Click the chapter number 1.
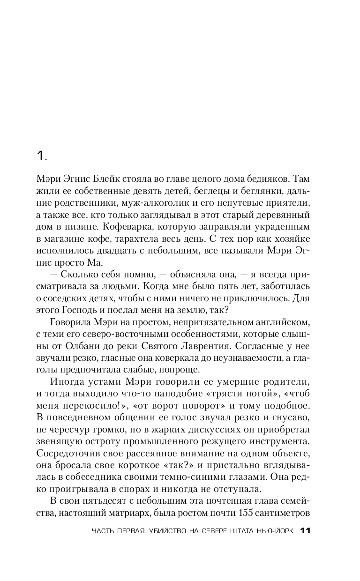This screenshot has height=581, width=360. pyautogui.click(x=41, y=156)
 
